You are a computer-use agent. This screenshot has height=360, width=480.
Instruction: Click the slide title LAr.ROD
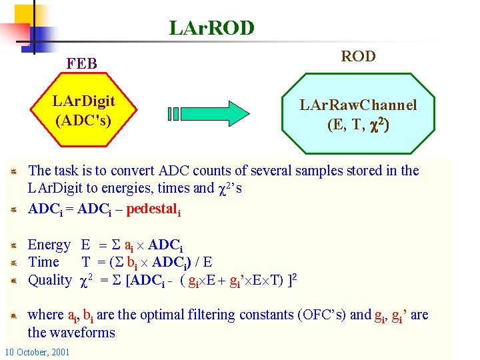pyautogui.click(x=212, y=28)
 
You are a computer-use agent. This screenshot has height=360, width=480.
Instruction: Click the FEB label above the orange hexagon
pyautogui.click(x=81, y=64)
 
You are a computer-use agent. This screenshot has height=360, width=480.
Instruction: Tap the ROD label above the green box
pyautogui.click(x=358, y=57)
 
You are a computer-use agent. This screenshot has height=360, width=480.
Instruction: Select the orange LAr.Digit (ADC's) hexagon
pyautogui.click(x=83, y=111)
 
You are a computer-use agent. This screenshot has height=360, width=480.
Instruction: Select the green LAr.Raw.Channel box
pyautogui.click(x=358, y=114)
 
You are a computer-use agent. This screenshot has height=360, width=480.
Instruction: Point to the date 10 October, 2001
pyautogui.click(x=37, y=352)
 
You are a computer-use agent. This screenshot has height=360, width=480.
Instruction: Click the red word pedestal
pyautogui.click(x=151, y=209)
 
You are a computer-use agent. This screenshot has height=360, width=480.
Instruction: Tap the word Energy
pyautogui.click(x=49, y=245)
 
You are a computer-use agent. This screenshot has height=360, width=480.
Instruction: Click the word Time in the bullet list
pyautogui.click(x=44, y=263)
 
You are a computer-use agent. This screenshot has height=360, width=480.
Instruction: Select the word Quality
pyautogui.click(x=49, y=280)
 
